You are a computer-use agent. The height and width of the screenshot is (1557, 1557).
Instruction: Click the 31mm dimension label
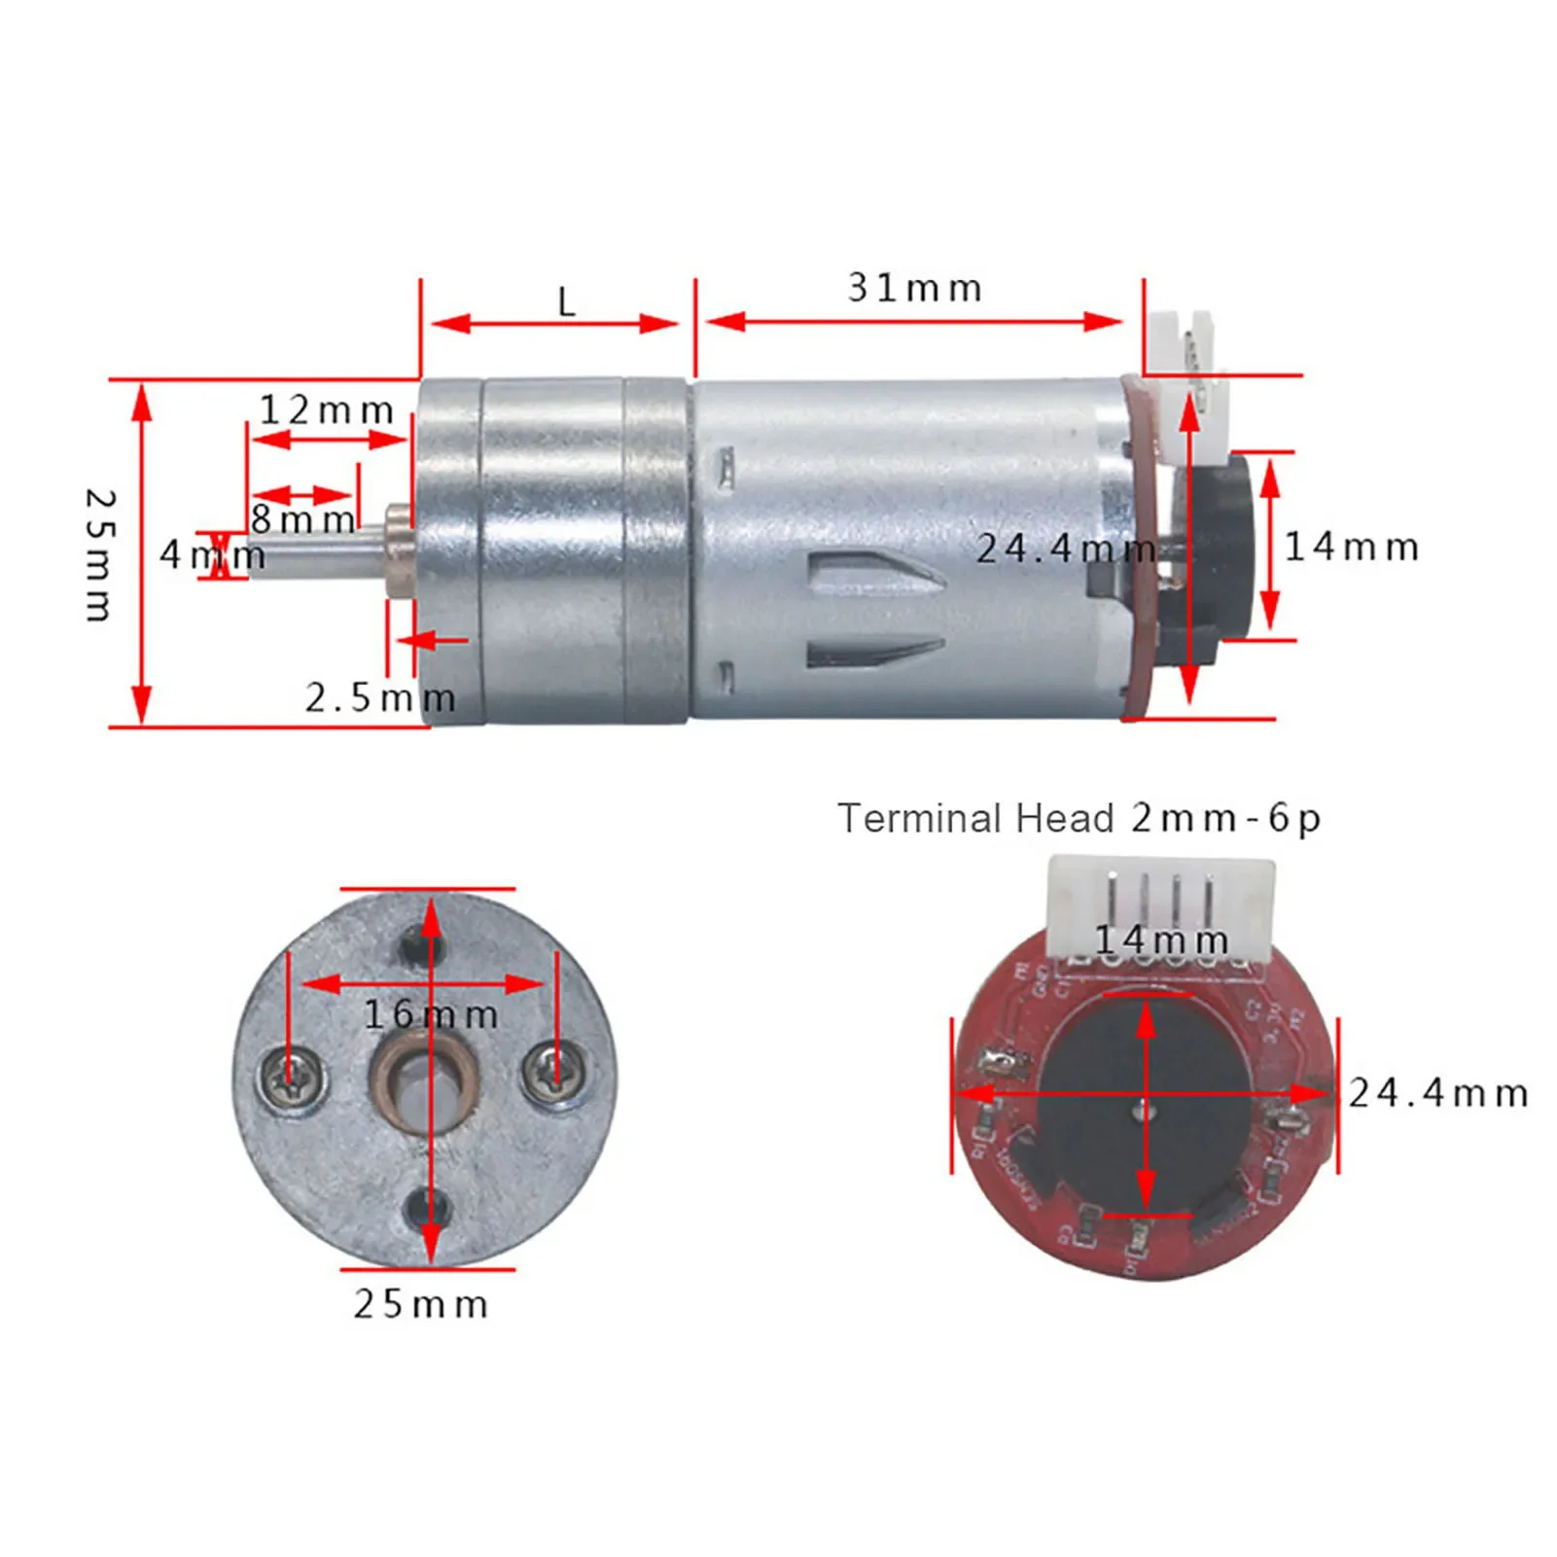[914, 289]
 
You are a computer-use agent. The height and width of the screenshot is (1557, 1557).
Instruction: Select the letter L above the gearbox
[567, 302]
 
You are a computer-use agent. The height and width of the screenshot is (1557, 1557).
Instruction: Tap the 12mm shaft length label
[327, 410]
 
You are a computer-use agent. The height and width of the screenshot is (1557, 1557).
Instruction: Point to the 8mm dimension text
[303, 519]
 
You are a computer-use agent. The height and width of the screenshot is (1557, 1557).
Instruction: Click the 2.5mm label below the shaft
[380, 698]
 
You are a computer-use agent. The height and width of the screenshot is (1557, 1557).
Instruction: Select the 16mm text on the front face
[431, 1015]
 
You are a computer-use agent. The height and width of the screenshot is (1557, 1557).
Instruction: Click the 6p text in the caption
[1293, 819]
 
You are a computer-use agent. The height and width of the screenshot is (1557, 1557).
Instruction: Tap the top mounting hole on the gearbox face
[425, 941]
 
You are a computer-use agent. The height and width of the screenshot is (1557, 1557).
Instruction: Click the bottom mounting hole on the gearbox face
[426, 1209]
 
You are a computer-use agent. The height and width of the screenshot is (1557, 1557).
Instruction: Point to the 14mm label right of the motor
[1352, 548]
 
